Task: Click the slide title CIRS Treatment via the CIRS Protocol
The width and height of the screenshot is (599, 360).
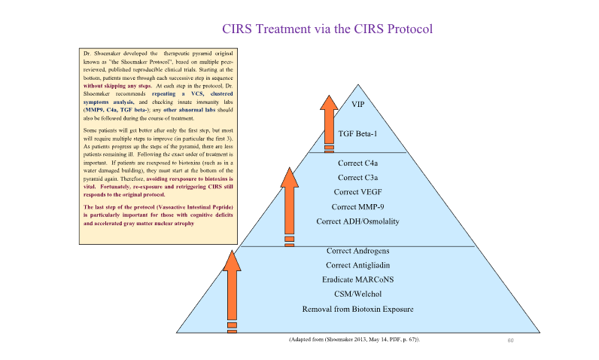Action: (x=327, y=29)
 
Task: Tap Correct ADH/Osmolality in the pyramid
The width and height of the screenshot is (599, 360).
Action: (x=357, y=221)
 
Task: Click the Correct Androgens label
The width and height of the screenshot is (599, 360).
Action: (x=357, y=250)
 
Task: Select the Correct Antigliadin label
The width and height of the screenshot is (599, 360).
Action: (x=357, y=264)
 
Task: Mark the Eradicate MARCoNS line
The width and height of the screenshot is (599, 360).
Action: (x=357, y=279)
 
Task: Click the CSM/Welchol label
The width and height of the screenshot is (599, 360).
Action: (x=357, y=294)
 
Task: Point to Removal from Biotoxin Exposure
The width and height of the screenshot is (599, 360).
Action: (x=357, y=309)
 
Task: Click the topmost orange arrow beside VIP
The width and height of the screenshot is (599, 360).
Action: (x=329, y=121)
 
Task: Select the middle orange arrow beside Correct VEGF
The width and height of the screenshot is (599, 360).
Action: (x=289, y=203)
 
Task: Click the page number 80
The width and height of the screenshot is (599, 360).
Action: (x=510, y=341)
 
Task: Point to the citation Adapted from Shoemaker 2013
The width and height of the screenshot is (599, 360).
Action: (x=354, y=340)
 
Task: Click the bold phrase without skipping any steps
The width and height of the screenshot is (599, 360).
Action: (x=112, y=87)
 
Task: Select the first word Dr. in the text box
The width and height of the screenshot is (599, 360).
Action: (x=87, y=53)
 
